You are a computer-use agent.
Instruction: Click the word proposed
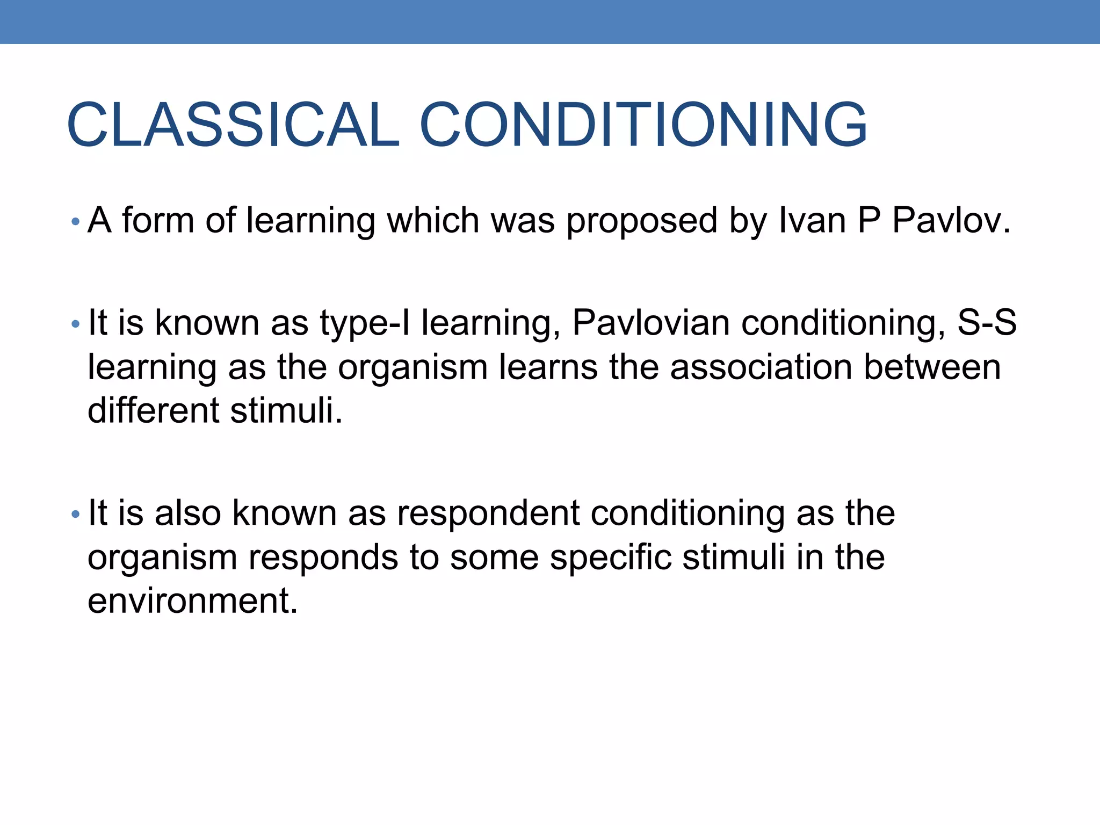[642, 221]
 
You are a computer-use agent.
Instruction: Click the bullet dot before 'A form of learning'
[75, 221]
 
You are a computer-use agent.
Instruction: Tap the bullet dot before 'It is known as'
[75, 324]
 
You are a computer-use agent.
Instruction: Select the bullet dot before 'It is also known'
[75, 515]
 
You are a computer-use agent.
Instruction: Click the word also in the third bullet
[187, 513]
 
